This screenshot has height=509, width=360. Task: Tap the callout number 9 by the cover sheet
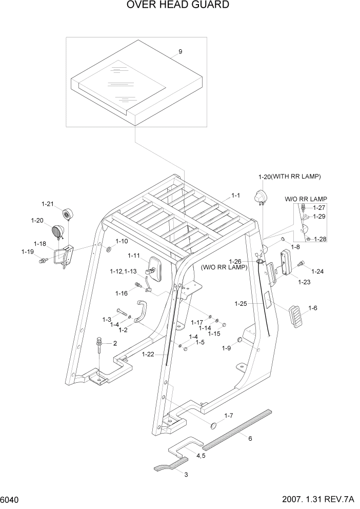coord(180,51)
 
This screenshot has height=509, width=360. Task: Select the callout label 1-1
coord(235,195)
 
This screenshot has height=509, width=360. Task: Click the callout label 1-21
coord(47,204)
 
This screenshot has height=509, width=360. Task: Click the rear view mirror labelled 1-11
coord(154,268)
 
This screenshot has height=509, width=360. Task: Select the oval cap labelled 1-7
coord(216,425)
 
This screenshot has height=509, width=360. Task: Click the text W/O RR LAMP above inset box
coord(306,199)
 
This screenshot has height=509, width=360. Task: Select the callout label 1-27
coord(319,208)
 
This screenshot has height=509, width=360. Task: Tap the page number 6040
coord(10,499)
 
